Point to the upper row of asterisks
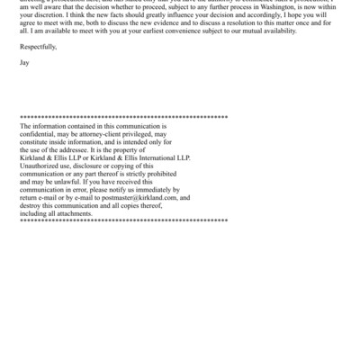click(123, 118)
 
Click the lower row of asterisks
click(123, 220)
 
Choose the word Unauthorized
click(43, 166)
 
